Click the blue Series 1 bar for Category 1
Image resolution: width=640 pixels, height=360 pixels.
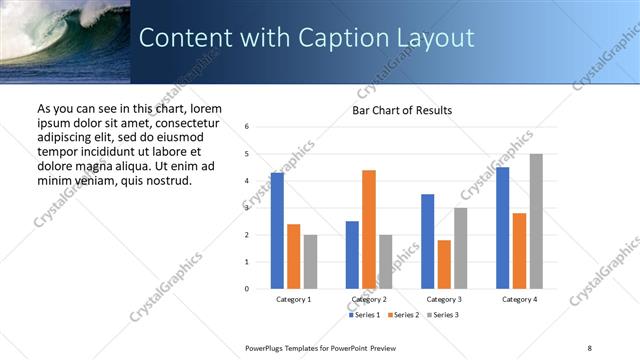277,231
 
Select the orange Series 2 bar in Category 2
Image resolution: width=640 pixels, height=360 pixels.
369,229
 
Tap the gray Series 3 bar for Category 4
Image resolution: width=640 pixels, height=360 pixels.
536,221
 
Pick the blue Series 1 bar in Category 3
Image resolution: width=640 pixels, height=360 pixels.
427,241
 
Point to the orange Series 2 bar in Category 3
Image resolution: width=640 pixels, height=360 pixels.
444,264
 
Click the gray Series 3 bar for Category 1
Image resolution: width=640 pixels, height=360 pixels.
310,262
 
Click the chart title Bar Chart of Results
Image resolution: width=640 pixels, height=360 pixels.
402,110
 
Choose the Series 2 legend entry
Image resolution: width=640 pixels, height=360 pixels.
402,315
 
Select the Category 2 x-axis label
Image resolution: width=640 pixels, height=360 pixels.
369,299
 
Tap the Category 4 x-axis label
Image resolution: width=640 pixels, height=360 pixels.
519,299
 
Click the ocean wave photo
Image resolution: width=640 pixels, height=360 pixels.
65,40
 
